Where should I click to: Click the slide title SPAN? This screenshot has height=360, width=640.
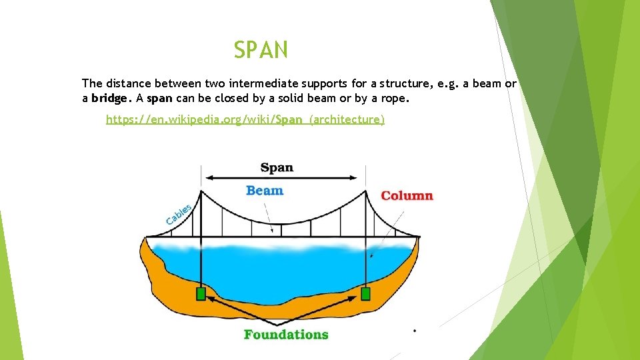click(261, 50)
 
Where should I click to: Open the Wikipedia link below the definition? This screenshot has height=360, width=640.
click(245, 119)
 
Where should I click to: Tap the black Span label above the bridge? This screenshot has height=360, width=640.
click(277, 167)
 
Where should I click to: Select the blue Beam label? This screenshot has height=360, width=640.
click(265, 191)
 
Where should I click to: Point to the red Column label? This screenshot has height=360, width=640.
click(407, 195)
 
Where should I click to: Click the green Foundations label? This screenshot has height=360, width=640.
click(286, 334)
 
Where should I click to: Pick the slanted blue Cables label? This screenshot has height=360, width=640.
click(178, 214)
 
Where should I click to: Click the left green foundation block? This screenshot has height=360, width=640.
click(201, 294)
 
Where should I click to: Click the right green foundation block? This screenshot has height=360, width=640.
click(365, 294)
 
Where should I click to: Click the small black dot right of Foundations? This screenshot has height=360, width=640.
click(415, 330)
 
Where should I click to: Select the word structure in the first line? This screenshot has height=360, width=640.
click(405, 83)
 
